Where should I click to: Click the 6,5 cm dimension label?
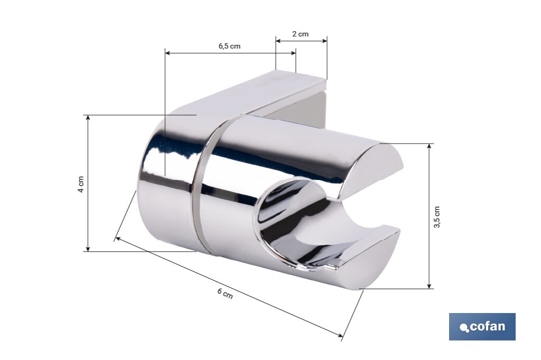coord(229,46)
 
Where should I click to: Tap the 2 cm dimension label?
coord(301,34)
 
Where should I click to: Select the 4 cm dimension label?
coord(81,183)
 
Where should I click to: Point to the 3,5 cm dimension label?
coord(436,216)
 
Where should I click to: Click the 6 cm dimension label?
coord(225,293)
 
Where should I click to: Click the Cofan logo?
coord(482,326)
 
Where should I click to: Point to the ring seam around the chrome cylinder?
coord(202,185)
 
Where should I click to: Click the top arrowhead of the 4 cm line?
coord(88,117)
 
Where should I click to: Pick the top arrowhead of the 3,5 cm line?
coord(430,146)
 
